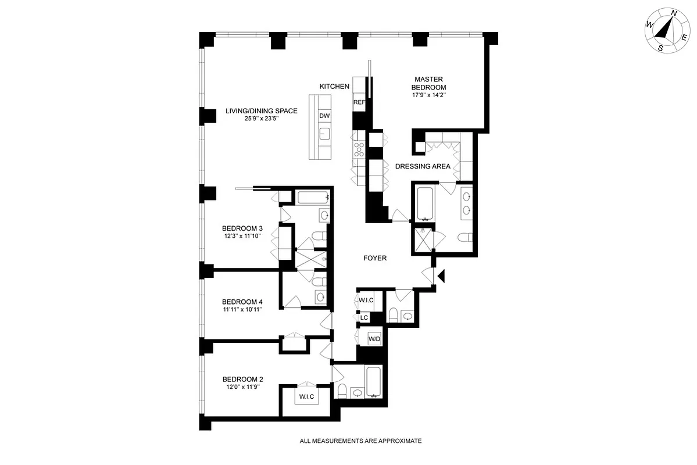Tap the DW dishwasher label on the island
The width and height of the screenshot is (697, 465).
tap(324, 116)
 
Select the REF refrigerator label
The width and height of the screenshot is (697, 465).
tap(359, 102)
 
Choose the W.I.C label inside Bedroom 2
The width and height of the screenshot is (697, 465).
tap(306, 397)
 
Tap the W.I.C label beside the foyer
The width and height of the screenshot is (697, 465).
tap(366, 301)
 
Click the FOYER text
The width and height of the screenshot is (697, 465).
tap(375, 258)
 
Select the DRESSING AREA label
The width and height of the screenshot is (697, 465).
tap(423, 166)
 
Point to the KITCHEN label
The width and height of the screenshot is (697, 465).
tap(334, 87)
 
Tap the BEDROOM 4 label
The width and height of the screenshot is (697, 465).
tap(242, 302)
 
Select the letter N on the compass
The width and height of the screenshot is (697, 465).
tap(674, 13)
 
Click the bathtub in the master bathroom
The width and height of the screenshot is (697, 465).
tap(426, 203)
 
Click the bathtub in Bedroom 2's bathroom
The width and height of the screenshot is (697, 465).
tap(374, 382)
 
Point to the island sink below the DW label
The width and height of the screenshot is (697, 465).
tap(324, 135)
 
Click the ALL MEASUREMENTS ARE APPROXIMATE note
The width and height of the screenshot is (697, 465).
tap(360, 441)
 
